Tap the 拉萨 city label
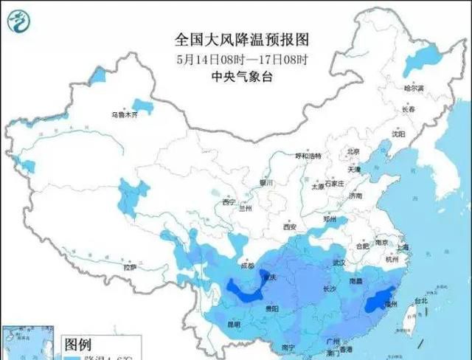point(131,269)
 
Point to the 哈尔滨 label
point(414,88)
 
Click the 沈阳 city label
point(399,134)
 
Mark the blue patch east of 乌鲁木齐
point(143,107)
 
